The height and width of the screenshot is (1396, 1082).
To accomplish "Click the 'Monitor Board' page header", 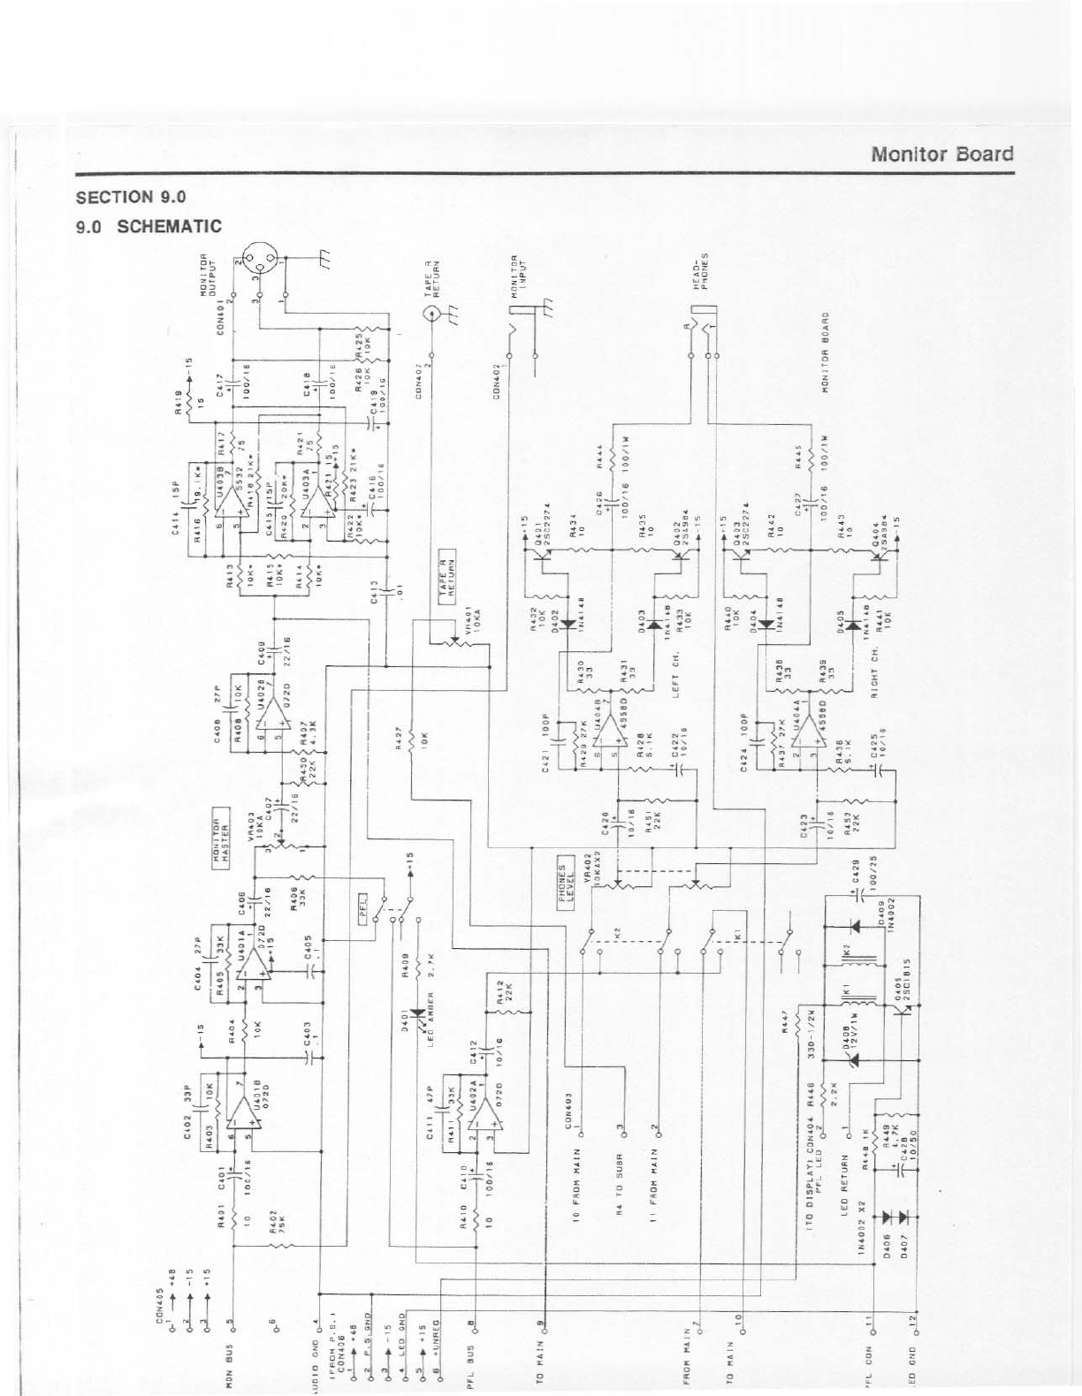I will tap(941, 154).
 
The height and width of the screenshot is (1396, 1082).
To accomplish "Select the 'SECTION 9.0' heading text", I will tap(131, 196).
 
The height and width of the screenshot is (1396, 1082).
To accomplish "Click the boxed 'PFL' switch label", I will tap(362, 915).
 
